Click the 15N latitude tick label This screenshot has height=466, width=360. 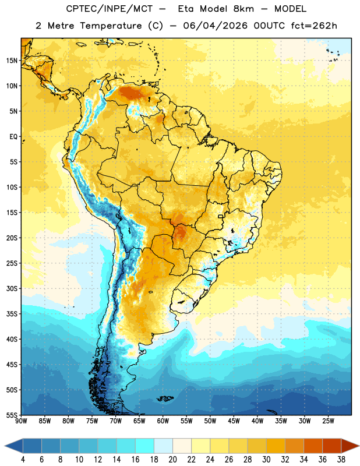coord(12,61)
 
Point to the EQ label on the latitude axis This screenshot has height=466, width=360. coord(13,137)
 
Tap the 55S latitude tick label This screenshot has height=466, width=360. coord(12,415)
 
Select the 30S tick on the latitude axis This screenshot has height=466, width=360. coord(12,288)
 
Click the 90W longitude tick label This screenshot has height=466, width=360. coord(21,421)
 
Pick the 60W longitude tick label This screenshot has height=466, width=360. coord(163,421)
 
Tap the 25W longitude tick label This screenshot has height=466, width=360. coord(328,421)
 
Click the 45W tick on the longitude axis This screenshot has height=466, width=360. coord(234,421)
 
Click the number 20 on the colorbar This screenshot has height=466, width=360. coord(172,460)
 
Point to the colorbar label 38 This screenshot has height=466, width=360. coord(341,460)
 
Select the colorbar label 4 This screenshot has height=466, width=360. coord(23,460)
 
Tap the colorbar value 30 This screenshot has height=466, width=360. coord(266,460)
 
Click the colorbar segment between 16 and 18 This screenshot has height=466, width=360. coord(144,446)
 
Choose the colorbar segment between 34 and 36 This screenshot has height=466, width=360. coord(313,446)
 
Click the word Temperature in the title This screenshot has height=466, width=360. coord(111,26)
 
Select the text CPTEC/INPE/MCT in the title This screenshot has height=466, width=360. coord(109,9)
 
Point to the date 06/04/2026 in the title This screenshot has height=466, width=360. coord(215,26)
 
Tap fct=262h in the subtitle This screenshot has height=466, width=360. coord(314,26)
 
